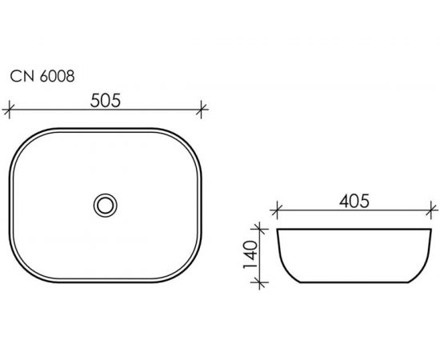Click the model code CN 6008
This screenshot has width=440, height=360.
click(42, 76)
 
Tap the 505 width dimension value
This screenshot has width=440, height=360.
click(106, 101)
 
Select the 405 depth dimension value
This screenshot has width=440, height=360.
click(354, 201)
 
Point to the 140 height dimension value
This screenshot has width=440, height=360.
click(250, 254)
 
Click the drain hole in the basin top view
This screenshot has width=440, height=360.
click(106, 205)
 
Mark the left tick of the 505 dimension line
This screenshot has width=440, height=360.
click(9, 110)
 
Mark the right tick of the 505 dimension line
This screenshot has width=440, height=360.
click(201, 110)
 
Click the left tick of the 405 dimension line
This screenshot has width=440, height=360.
click(277, 210)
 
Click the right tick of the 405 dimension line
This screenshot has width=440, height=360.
click(431, 210)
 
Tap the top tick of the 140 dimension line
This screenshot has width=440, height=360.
click(260, 229)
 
